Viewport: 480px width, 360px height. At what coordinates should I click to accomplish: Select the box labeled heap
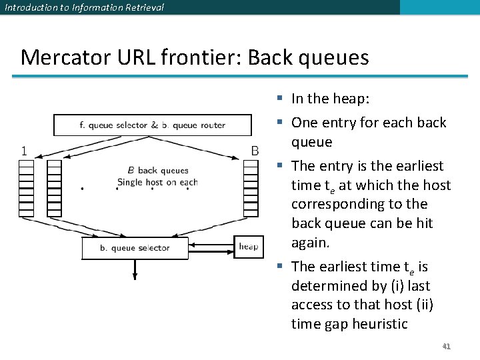point(248,247)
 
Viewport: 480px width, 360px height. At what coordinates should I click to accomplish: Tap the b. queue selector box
point(135,248)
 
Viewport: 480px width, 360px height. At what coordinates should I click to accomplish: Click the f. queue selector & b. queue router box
point(153,125)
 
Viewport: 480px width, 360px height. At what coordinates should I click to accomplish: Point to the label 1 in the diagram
point(24,151)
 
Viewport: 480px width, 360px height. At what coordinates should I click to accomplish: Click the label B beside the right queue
point(255,151)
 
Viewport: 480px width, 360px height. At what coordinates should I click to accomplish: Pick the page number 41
point(446,347)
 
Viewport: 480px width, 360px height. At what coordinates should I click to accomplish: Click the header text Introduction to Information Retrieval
point(83,7)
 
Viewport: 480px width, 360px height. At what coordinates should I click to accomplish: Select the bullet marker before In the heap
point(281,99)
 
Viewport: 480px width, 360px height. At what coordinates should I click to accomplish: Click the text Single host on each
point(157,183)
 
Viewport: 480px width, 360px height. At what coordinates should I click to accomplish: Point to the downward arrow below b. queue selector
point(135,270)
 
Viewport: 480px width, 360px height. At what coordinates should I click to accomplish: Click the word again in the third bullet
point(310,243)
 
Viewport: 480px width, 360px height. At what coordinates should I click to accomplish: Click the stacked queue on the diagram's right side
point(251,188)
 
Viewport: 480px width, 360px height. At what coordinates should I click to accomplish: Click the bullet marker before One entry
point(281,123)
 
